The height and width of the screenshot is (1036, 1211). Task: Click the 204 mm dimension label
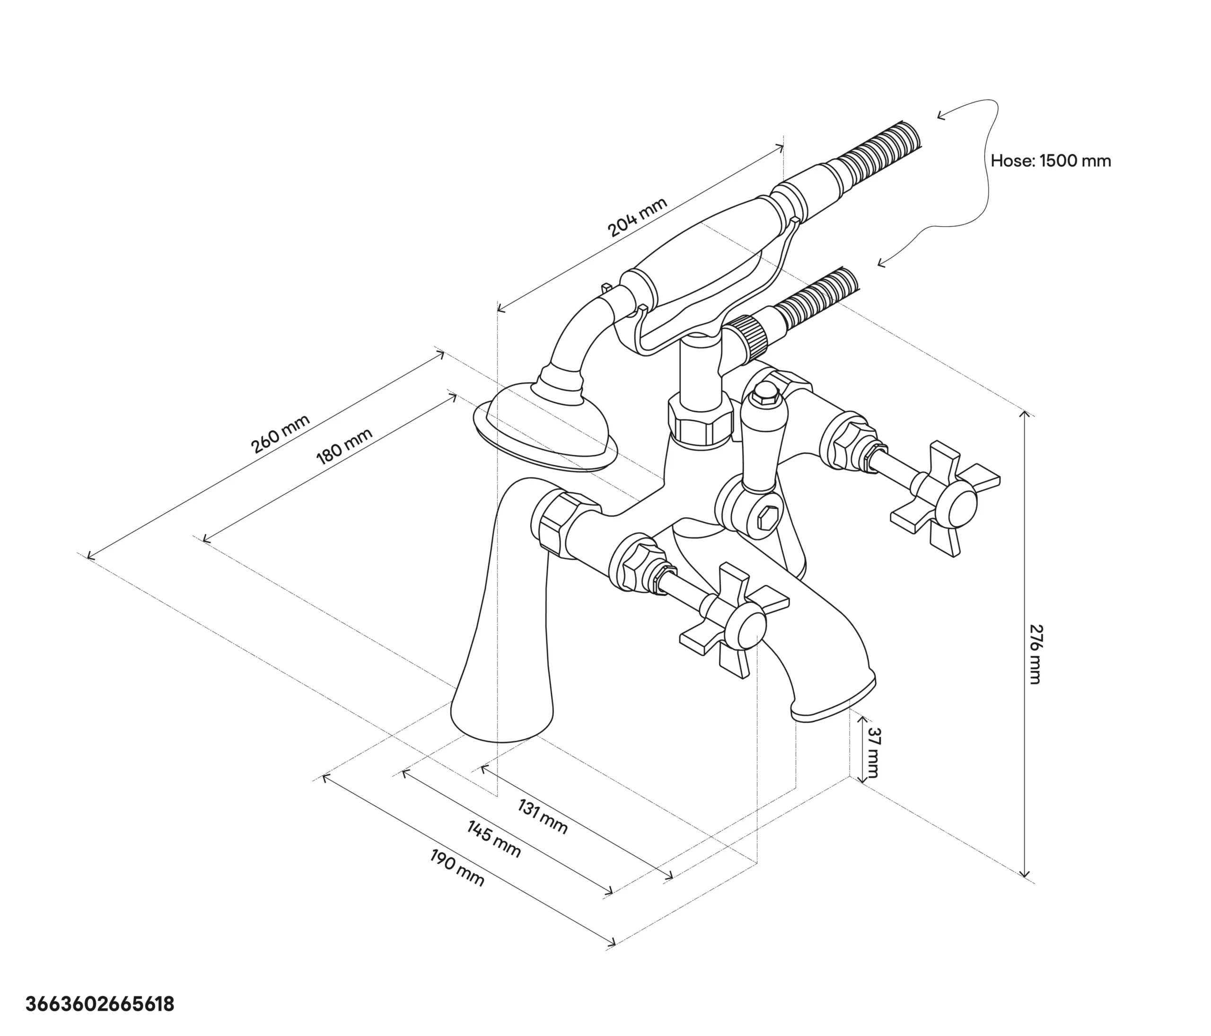[x=638, y=218]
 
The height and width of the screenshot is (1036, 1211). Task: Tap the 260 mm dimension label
[x=281, y=434]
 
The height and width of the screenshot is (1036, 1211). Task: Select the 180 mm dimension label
[x=344, y=447]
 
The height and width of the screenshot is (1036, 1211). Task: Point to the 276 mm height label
[x=1035, y=654]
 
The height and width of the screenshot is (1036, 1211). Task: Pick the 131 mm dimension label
[x=543, y=817]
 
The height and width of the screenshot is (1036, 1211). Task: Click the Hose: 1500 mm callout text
[x=1051, y=161]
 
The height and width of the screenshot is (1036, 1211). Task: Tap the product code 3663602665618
[x=100, y=1004]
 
